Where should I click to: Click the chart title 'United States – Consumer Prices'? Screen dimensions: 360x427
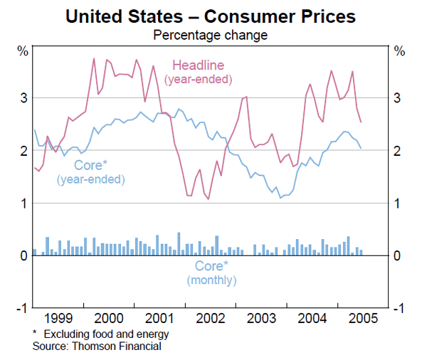211,15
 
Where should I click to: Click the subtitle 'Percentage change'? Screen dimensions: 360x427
211,34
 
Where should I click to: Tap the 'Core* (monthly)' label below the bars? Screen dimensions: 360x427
211,273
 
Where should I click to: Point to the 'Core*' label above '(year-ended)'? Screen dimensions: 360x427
90,165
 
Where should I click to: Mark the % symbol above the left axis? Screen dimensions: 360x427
23,51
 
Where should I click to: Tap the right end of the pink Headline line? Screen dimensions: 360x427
361,122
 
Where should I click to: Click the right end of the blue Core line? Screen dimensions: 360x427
361,148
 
